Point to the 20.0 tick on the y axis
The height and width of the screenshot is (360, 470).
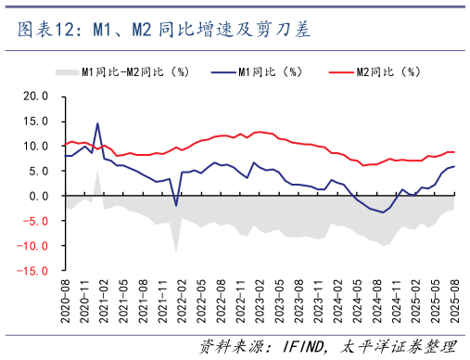[x=35, y=96]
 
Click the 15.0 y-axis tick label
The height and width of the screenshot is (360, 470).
[x=35, y=121]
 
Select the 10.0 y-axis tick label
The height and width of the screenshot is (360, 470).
[x=35, y=146]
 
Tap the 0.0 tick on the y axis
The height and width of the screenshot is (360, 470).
[x=38, y=197]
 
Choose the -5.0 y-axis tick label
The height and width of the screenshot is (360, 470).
[x=35, y=222]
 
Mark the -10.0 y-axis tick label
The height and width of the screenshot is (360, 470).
[x=33, y=247]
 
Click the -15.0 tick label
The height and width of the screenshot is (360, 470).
[x=33, y=272]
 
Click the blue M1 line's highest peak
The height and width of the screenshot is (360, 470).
[x=97, y=122]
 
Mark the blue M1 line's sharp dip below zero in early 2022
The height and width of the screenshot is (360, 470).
[x=176, y=205]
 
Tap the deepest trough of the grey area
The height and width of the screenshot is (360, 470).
[x=176, y=251]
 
